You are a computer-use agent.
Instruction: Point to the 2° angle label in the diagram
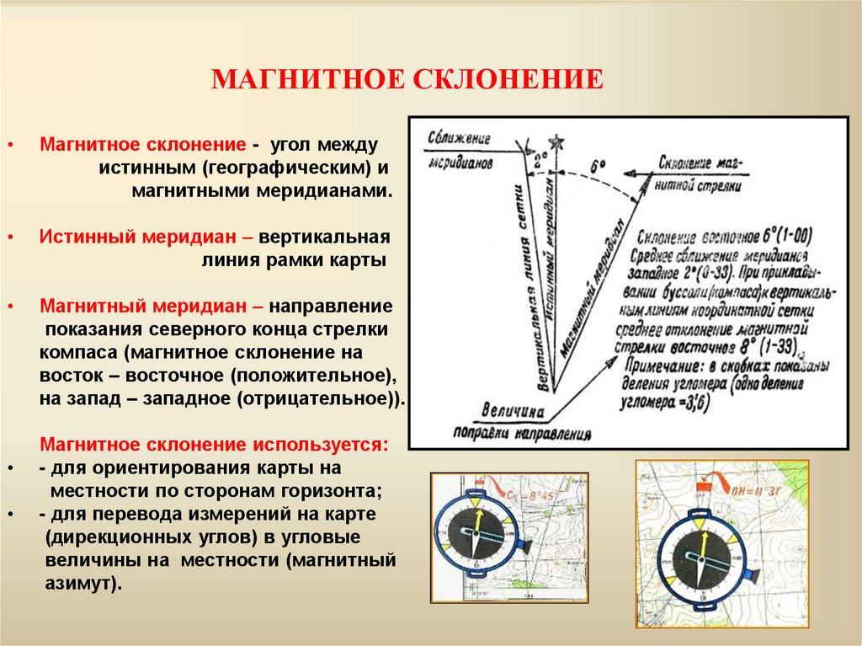[540, 156]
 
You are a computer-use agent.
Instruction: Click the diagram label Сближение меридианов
[459, 148]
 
